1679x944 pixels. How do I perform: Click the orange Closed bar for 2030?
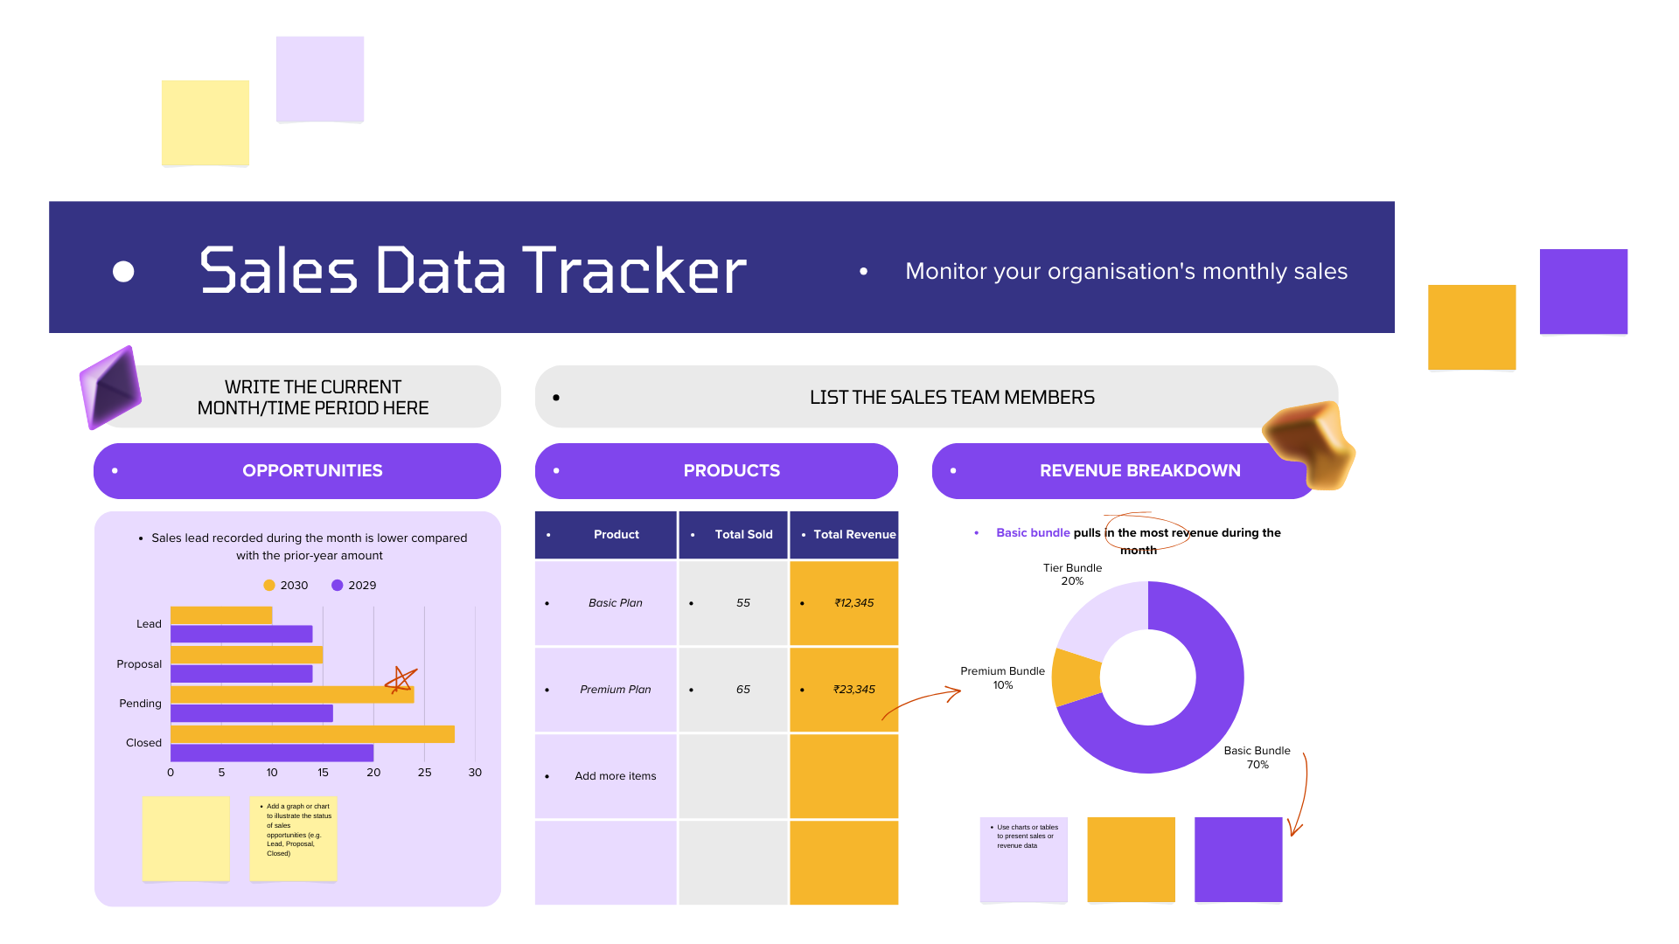click(x=312, y=734)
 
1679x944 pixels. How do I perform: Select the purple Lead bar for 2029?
click(x=241, y=634)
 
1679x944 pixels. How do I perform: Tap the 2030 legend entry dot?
click(x=269, y=586)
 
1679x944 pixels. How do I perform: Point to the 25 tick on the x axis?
click(x=424, y=773)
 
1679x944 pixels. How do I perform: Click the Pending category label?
click(x=140, y=704)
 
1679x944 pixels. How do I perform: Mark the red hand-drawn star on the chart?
click(x=401, y=679)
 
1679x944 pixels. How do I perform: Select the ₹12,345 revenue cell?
click(x=844, y=603)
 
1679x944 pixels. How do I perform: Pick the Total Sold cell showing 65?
click(x=733, y=690)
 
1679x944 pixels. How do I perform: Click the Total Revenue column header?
click(x=844, y=535)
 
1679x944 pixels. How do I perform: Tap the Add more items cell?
click(x=605, y=776)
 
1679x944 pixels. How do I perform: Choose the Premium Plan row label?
click(x=616, y=690)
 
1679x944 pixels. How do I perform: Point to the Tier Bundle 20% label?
click(x=1072, y=574)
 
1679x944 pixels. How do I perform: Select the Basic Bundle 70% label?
click(x=1257, y=758)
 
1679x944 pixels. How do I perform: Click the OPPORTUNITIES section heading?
click(x=312, y=471)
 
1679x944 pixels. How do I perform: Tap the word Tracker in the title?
click(x=634, y=270)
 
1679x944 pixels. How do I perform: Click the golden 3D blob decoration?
click(x=1309, y=444)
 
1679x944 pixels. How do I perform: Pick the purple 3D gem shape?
click(x=111, y=387)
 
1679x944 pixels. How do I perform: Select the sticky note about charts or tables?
click(x=1024, y=859)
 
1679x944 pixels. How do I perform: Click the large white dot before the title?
click(x=123, y=272)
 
